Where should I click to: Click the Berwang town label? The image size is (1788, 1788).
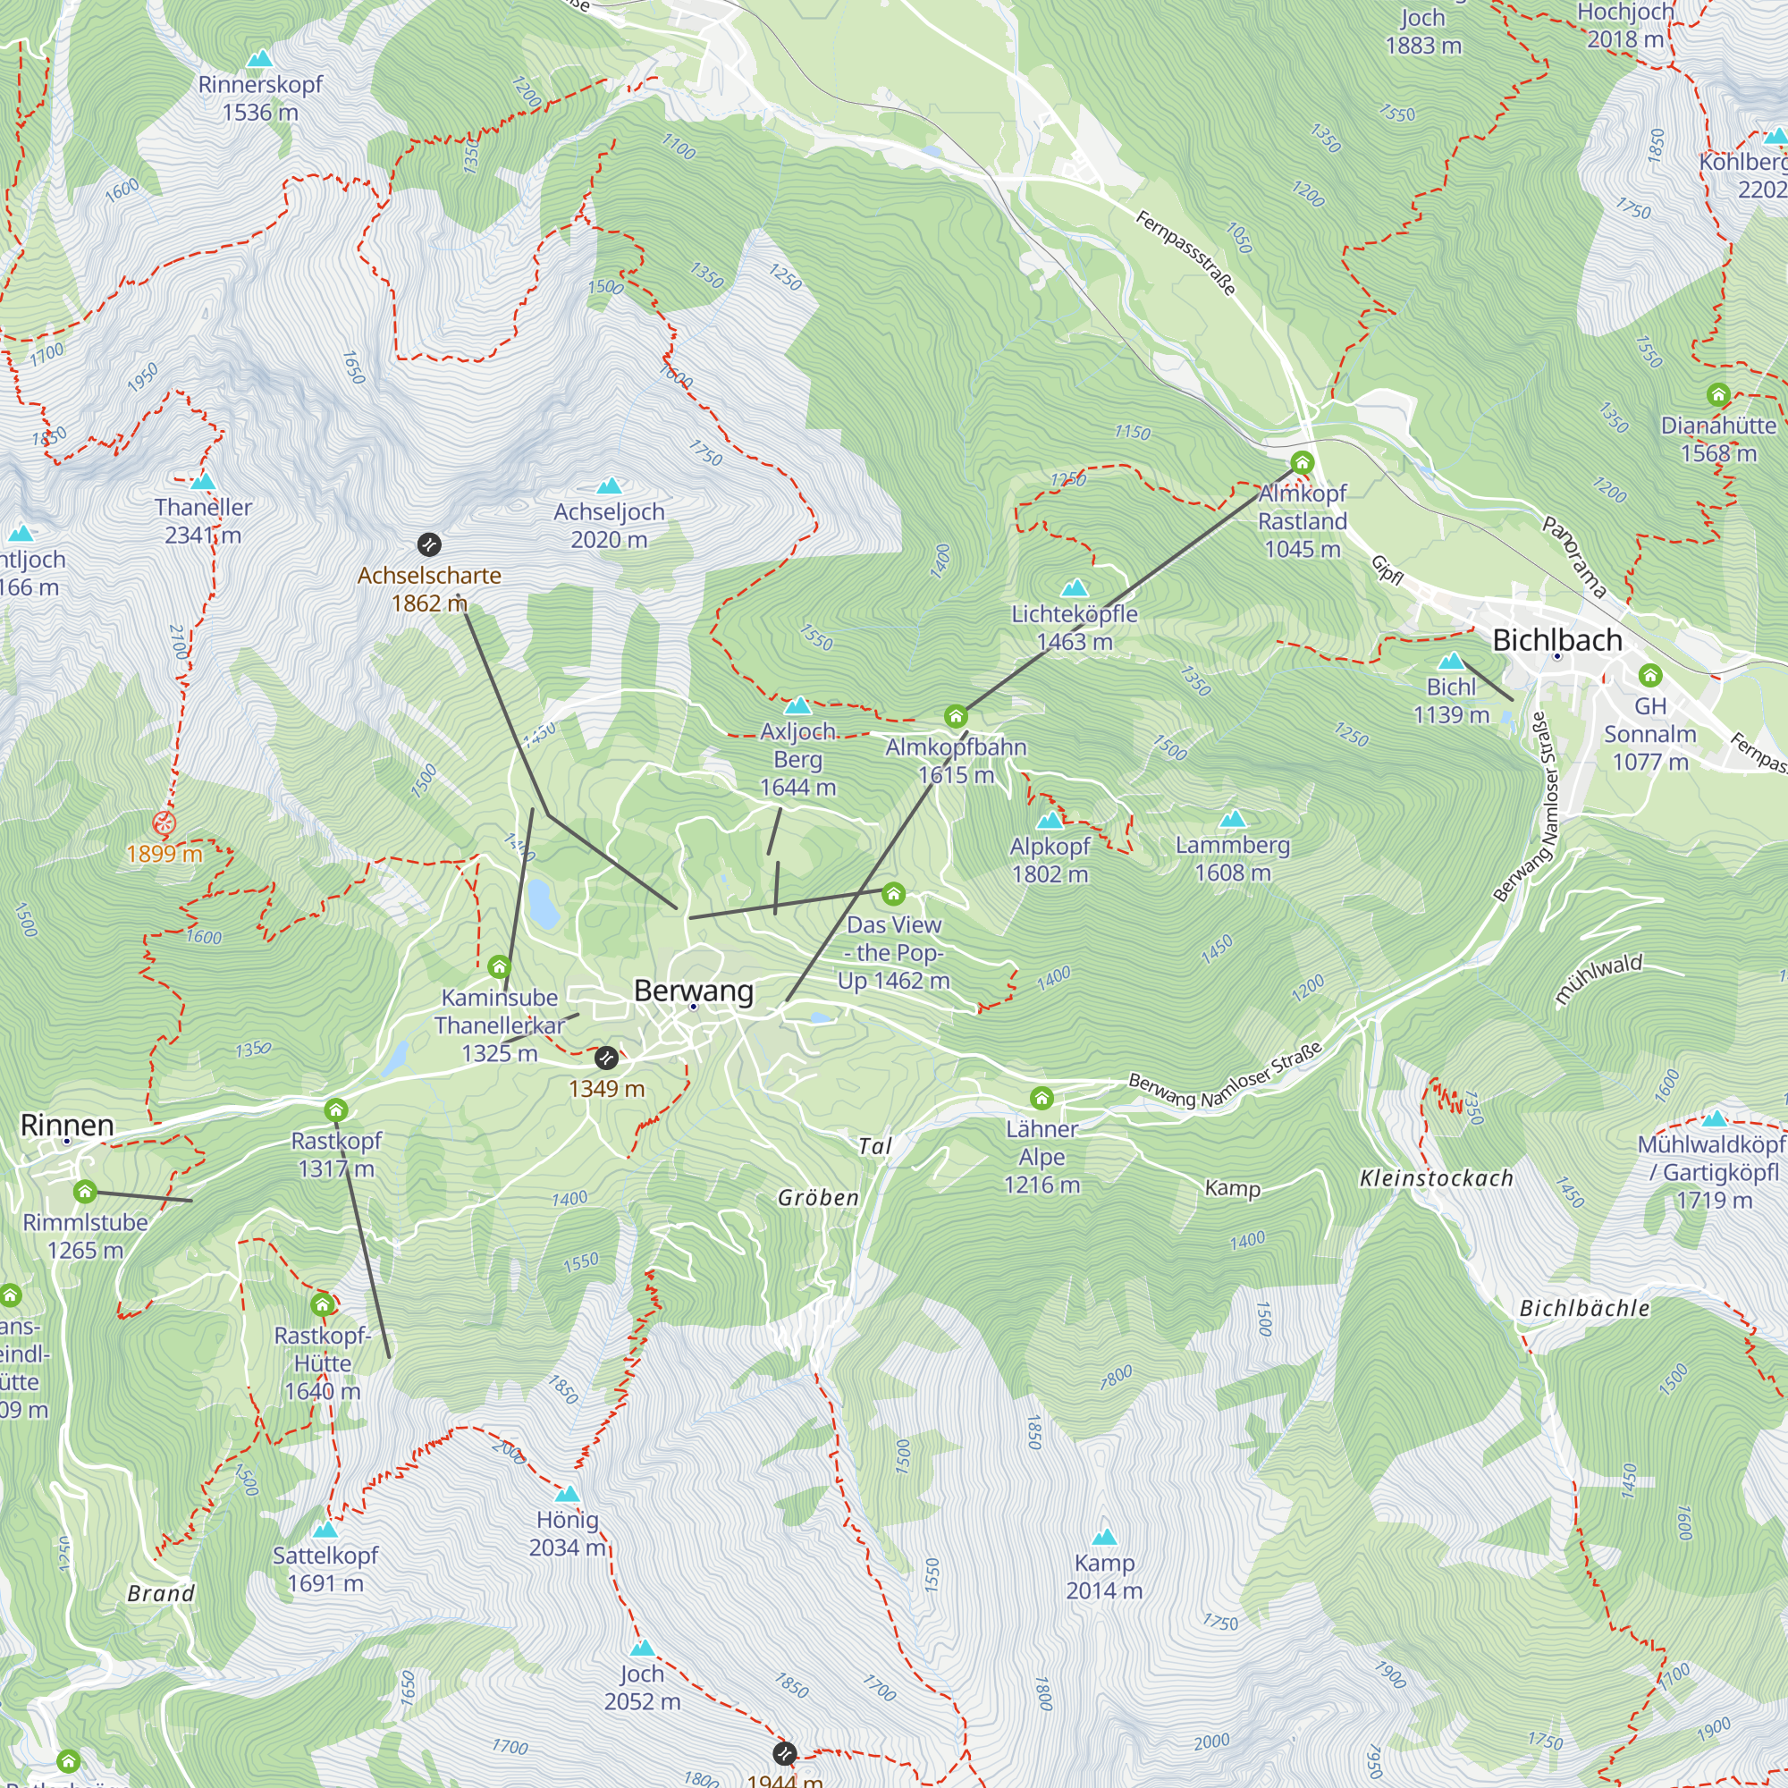coord(693,991)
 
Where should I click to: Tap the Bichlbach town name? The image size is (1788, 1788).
coord(1557,640)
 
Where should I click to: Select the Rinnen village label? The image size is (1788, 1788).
coord(68,1126)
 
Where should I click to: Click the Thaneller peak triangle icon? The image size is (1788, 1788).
coord(203,482)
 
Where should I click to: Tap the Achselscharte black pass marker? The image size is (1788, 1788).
coord(429,544)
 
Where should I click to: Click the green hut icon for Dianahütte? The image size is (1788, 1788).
coord(1718,395)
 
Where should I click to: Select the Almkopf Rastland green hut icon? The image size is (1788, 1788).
coord(1303,463)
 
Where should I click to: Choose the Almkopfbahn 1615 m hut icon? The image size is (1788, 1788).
coord(956,716)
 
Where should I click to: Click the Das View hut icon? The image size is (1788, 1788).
coord(893,894)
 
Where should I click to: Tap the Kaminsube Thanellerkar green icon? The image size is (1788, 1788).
coord(500,968)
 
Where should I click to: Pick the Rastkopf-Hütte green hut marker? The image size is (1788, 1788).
coord(323,1306)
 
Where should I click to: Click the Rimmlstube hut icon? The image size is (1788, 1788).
coord(85,1192)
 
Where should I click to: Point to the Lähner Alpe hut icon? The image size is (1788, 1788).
coord(1042,1099)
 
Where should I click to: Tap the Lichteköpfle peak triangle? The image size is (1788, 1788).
coord(1075,588)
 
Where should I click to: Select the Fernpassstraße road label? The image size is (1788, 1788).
coord(1185,253)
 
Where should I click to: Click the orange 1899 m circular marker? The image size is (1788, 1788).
coord(164,822)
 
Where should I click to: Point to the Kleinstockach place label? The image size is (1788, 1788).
coord(1437,1179)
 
